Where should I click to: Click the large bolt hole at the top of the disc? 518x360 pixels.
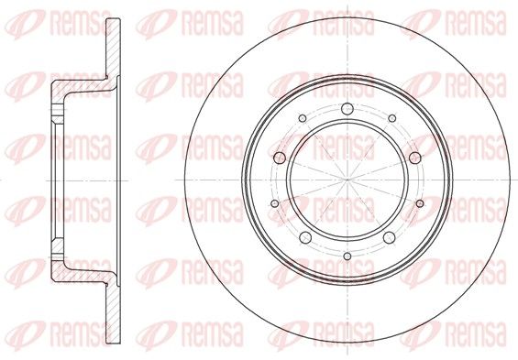click(x=347, y=109)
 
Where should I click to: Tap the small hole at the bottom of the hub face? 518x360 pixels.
click(x=347, y=256)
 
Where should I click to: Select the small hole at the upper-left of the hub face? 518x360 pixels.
click(x=303, y=118)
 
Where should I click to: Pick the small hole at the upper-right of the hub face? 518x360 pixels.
click(x=392, y=118)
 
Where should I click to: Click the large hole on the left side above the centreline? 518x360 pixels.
click(x=280, y=158)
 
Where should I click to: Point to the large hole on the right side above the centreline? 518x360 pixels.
click(x=415, y=158)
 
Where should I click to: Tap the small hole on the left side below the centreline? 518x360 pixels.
click(x=274, y=203)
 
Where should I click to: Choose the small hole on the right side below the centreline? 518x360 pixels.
click(x=420, y=203)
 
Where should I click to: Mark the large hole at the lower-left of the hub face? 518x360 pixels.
click(x=305, y=237)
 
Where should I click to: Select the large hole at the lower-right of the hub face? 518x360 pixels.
click(x=390, y=237)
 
